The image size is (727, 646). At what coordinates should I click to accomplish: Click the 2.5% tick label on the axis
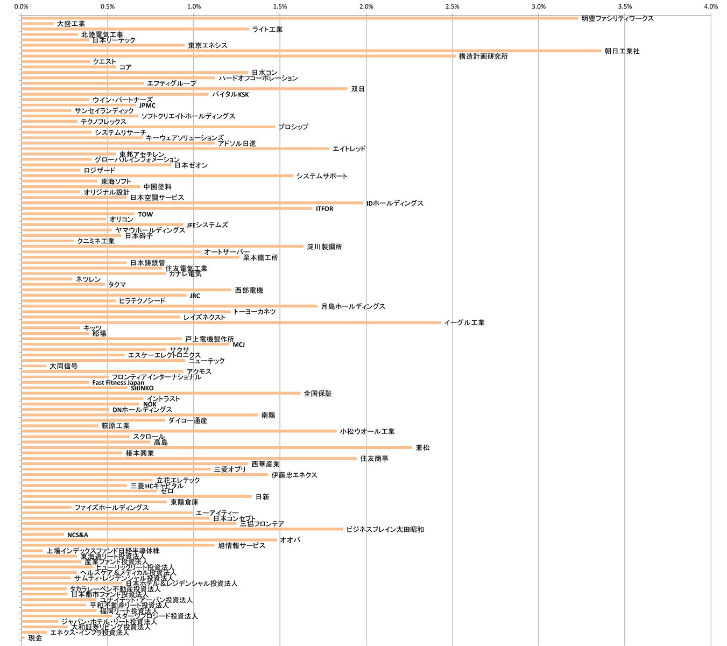coord(452,6)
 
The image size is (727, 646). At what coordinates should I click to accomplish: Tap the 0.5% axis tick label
coord(108,6)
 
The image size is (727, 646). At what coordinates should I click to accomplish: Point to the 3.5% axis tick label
coord(625,6)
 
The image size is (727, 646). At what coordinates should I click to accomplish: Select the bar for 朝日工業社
coord(311,51)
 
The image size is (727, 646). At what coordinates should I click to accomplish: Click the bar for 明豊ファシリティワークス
coord(300,18)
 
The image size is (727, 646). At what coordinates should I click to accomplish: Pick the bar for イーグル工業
coord(231,322)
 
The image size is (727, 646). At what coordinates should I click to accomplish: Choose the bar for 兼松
coord(217,447)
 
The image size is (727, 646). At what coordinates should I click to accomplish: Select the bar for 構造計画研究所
coord(238,56)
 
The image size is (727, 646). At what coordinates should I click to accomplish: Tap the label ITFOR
coord(324,209)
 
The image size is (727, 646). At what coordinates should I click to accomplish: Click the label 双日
coord(358,89)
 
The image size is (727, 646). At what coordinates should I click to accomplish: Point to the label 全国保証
coord(317,394)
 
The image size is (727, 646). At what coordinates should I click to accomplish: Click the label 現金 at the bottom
coord(35,638)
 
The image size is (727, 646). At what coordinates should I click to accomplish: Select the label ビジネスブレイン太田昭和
coord(385,529)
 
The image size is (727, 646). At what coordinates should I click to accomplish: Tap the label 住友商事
coord(374,459)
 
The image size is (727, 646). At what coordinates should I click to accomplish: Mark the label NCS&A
coord(77,535)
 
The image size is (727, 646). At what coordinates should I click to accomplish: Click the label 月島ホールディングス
coord(353,306)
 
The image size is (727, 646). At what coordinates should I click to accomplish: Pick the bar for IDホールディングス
coord(192,203)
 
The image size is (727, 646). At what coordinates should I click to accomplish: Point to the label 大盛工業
coord(71,24)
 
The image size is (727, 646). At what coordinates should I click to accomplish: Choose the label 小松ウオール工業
coord(367,431)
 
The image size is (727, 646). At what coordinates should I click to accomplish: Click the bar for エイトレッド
coord(175,149)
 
